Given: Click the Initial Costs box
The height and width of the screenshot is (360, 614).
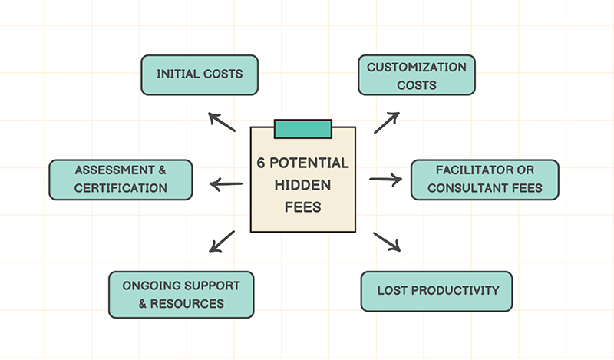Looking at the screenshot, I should coord(200,74).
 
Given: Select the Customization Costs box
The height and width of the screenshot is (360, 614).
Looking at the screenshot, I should coord(417,75).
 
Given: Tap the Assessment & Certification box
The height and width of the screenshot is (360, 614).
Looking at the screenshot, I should coord(120,179).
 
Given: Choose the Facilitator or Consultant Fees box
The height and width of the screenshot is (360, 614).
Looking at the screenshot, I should coord(484,179).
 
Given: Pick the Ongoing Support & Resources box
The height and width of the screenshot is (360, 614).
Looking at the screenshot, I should coord(182,294).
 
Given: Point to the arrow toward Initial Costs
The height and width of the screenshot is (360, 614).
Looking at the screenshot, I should coord(222,121).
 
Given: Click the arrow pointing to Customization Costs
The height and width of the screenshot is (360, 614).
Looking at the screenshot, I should coord(387,122).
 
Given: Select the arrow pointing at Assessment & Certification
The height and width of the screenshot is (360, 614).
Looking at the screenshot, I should coord(226,184).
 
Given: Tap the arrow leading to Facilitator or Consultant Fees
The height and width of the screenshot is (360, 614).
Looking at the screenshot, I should coord(385,180).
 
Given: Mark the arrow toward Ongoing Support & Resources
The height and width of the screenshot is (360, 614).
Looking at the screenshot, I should coord(222,241).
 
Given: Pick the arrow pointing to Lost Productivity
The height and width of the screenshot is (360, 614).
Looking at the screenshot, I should coord(388,241).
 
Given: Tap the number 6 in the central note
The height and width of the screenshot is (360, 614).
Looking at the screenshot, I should coord(262,163).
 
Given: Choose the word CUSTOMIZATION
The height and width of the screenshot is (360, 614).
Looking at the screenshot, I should coord(417,67).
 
